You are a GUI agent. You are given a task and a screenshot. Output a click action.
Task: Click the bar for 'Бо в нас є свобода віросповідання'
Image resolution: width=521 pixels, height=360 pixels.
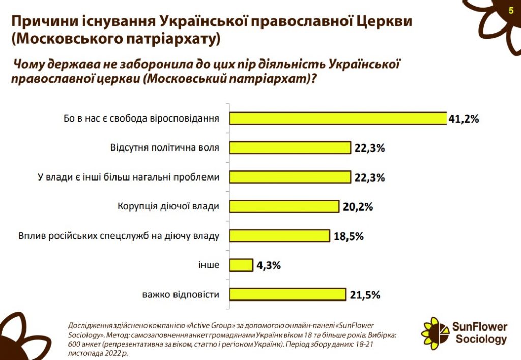coord(338,118)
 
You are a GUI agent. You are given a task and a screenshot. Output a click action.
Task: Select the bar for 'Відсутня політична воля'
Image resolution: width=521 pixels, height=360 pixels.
coord(290,148)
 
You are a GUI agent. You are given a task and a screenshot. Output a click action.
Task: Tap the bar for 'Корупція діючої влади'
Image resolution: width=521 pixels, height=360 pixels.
coord(284,206)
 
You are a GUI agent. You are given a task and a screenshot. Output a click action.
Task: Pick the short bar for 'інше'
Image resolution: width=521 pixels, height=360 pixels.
coord(241,265)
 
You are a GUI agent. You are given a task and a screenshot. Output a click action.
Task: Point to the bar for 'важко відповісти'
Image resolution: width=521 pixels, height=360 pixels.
coord(288,295)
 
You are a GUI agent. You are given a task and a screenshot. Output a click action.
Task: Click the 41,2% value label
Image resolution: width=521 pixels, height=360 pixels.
coord(464,119)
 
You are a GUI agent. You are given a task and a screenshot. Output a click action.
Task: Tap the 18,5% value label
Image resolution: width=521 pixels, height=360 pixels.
coord(349,236)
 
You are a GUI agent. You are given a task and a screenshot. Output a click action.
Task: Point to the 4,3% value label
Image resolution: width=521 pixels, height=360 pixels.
coord(269,265)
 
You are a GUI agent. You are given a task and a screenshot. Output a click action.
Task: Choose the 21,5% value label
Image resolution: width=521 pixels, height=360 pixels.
coord(364,295)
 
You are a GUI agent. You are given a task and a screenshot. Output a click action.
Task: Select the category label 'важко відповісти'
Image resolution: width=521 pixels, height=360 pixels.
coord(181,295)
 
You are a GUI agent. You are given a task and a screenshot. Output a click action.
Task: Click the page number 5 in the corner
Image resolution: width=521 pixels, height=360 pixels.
coord(510,10)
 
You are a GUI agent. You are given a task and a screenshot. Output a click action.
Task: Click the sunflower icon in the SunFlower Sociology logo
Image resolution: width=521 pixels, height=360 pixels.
coord(435,332)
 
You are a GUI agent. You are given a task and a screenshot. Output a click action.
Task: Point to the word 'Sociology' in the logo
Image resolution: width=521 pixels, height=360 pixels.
coord(481,339)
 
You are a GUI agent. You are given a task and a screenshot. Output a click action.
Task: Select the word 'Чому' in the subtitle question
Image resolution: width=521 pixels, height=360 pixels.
coord(30,65)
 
